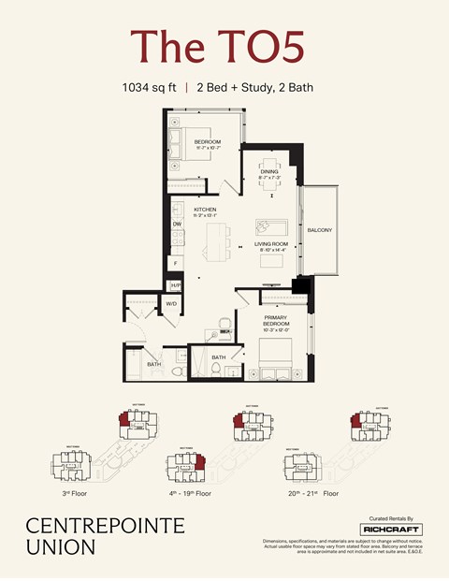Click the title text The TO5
point(217,47)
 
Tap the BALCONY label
point(319,229)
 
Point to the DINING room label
point(269,160)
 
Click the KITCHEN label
point(205,210)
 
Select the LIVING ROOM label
point(270,245)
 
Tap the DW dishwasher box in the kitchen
point(177,225)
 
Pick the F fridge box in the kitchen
point(176,264)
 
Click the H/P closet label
point(175,284)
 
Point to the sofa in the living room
point(274,227)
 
